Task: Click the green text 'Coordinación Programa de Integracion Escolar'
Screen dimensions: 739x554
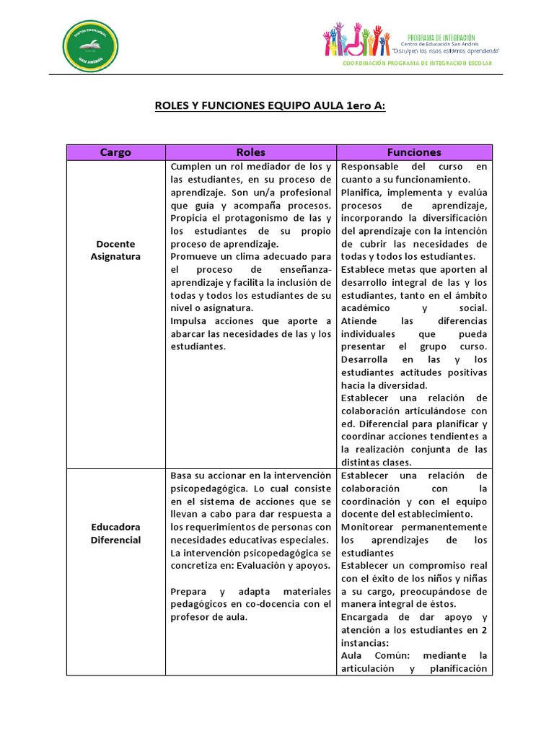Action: pyautogui.click(x=417, y=64)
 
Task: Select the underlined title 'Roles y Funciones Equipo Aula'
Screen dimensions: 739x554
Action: pyautogui.click(x=271, y=106)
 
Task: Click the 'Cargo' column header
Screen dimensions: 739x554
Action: pyautogui.click(x=115, y=152)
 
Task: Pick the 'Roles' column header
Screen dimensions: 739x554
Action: pyautogui.click(x=250, y=152)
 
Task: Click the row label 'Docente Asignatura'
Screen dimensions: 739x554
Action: pyautogui.click(x=115, y=250)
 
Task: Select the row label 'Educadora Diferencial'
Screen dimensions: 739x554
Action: pyautogui.click(x=115, y=533)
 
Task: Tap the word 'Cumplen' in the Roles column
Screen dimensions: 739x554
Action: pyautogui.click(x=190, y=167)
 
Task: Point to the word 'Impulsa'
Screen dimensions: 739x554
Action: pyautogui.click(x=188, y=320)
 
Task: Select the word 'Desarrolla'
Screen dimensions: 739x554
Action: pyautogui.click(x=365, y=359)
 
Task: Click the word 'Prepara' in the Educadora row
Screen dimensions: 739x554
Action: pyautogui.click(x=188, y=591)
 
